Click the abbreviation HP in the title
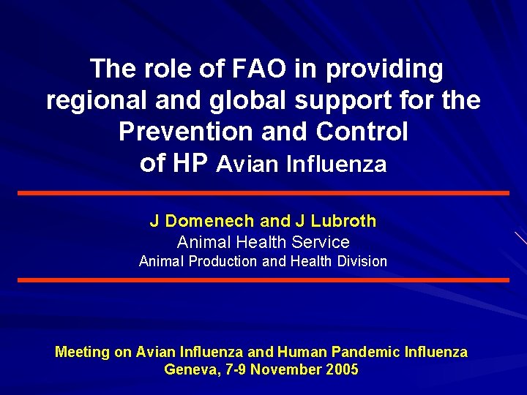point(193,163)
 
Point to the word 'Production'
point(223,261)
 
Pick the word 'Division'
point(358,261)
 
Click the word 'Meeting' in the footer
point(82,352)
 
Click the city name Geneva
point(187,369)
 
